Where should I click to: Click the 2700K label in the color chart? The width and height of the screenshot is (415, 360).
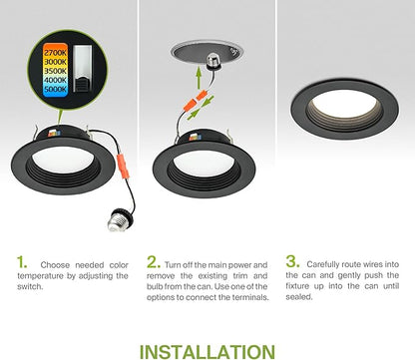(x=55, y=53)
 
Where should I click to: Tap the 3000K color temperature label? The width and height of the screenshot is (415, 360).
(x=55, y=62)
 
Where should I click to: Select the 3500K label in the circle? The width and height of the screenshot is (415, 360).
(x=55, y=71)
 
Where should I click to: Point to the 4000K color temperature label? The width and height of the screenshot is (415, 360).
(x=55, y=80)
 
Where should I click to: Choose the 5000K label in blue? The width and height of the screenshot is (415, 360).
(x=55, y=89)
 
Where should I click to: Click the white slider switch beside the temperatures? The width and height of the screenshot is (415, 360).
(x=82, y=68)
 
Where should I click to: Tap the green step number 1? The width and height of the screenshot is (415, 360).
(x=22, y=262)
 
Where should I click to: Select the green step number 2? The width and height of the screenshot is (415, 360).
(x=154, y=262)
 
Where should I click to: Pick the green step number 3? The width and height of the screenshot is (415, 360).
(x=292, y=261)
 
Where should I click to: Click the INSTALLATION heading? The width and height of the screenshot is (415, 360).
(x=207, y=352)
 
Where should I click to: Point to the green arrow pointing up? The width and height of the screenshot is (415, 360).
(x=199, y=78)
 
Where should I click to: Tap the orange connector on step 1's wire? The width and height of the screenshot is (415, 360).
(x=122, y=164)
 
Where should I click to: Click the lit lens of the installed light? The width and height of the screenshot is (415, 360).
(x=344, y=103)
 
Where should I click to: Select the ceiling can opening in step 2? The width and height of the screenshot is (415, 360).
(x=207, y=53)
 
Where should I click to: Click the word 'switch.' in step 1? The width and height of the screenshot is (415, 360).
(x=30, y=286)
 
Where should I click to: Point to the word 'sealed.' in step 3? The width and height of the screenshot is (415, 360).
(x=299, y=296)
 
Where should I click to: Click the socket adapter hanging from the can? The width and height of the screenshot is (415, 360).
(x=213, y=62)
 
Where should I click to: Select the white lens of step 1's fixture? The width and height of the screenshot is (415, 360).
(x=63, y=159)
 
